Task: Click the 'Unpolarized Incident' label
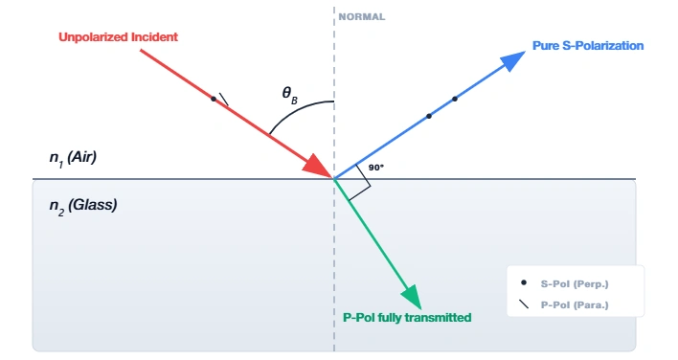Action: [119, 37]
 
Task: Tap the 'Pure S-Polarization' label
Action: [587, 45]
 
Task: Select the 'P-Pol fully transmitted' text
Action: [407, 317]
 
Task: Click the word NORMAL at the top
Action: [361, 17]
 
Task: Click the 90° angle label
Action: [376, 168]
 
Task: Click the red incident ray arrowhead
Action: [319, 165]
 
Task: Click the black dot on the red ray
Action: [213, 98]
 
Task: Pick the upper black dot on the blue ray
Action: [455, 99]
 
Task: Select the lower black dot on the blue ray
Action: [429, 116]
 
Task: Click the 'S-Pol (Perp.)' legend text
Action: [575, 283]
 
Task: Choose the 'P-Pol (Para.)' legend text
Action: [575, 304]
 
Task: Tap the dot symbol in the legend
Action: [523, 283]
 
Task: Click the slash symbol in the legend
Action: [523, 304]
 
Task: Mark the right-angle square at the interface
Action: [355, 186]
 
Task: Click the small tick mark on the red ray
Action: [222, 98]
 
